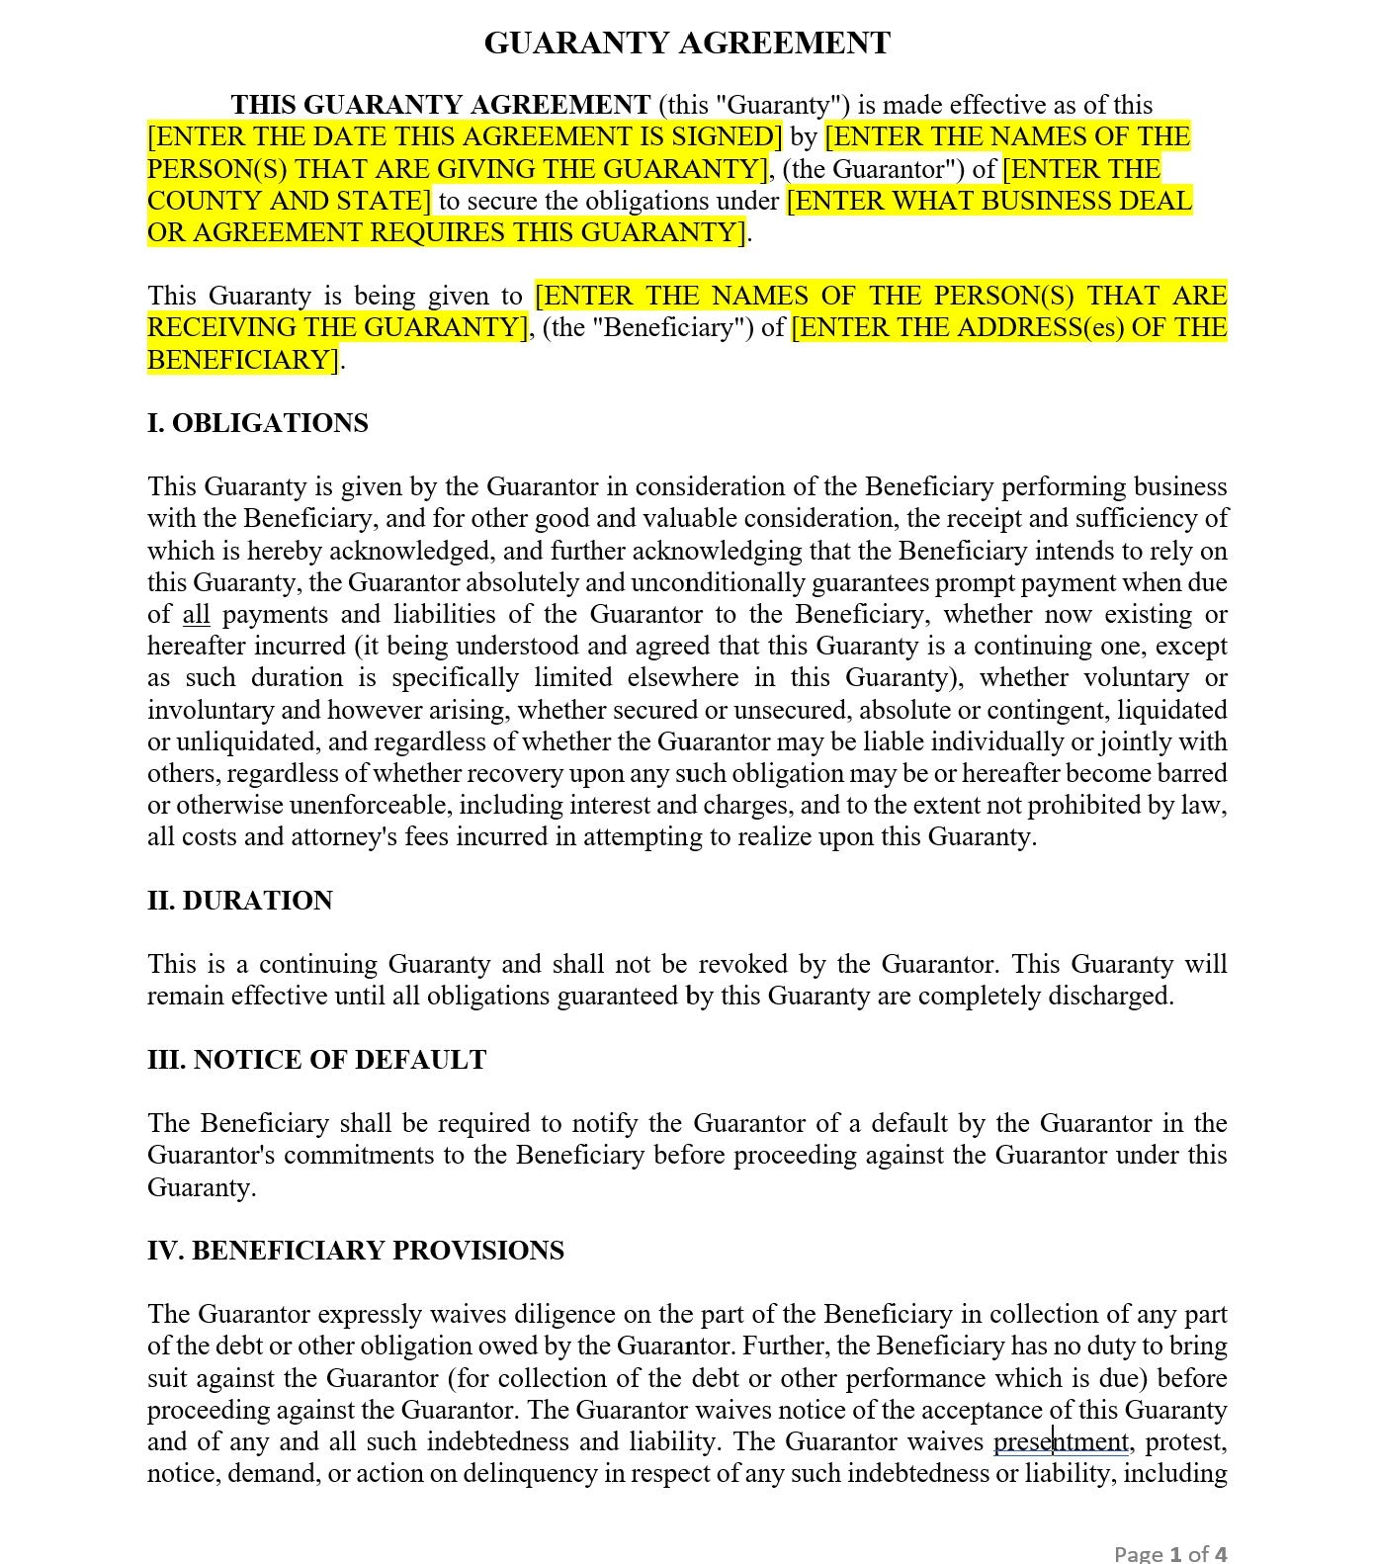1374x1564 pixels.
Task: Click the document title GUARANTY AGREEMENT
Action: (687, 43)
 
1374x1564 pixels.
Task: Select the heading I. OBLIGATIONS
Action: (257, 423)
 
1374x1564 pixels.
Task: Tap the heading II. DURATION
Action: (240, 901)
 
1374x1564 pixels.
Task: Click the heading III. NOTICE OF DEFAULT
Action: (316, 1060)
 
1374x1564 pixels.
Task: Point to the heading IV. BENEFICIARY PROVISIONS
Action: (355, 1251)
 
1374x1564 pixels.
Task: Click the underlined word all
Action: (197, 615)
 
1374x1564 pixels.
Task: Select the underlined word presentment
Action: (1061, 1442)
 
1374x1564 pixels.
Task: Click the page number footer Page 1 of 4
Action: (1169, 1553)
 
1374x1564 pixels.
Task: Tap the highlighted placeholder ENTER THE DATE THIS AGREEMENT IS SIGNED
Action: (465, 136)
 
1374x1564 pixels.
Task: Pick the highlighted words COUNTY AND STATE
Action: (289, 202)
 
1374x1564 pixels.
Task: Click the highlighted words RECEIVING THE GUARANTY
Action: (337, 327)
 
